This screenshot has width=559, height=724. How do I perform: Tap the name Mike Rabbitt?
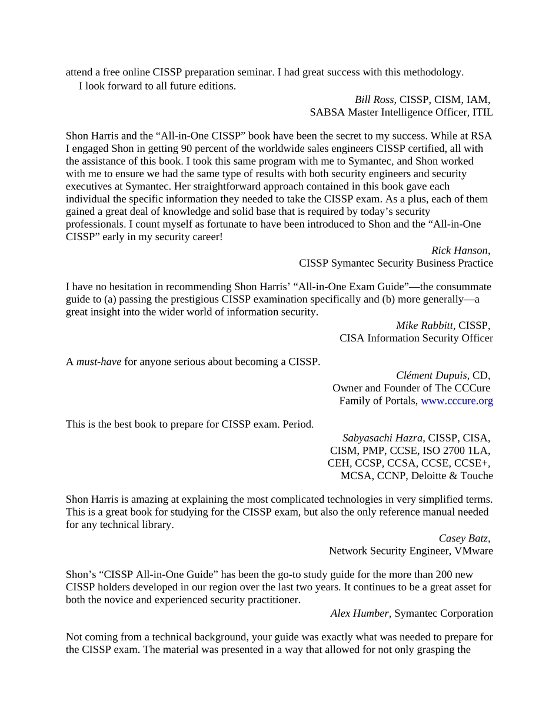424,326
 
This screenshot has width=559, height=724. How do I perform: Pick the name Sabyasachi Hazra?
383,438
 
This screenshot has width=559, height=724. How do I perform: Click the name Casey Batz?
463,538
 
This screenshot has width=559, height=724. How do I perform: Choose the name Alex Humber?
360,613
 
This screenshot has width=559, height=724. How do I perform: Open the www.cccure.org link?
457,401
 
